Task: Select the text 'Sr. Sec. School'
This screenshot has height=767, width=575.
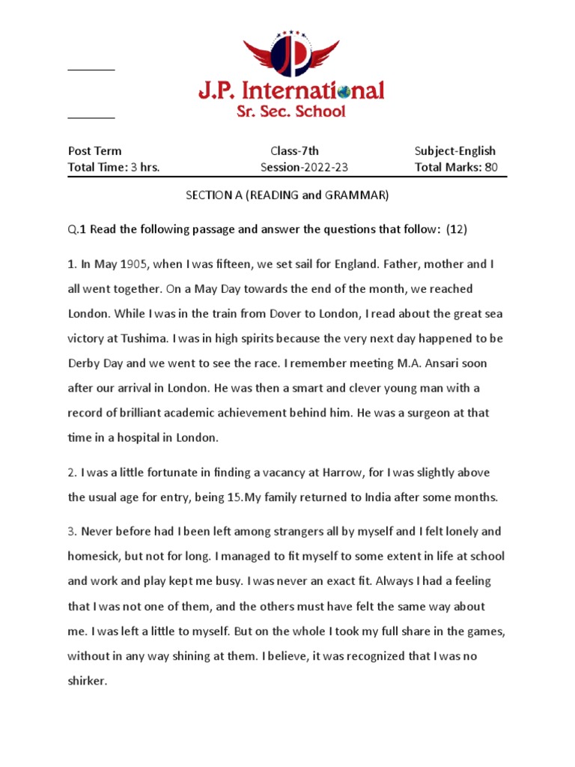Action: [x=291, y=112]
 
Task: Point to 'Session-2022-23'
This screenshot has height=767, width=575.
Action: [x=304, y=167]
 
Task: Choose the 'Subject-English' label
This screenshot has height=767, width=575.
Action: [x=455, y=151]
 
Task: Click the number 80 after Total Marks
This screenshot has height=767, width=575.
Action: [x=490, y=167]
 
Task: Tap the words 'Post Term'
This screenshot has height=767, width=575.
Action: [x=94, y=151]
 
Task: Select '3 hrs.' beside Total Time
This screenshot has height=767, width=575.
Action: [x=145, y=167]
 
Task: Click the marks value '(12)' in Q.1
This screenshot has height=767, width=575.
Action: [x=457, y=229]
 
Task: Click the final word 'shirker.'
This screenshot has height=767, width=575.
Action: [x=88, y=682]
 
